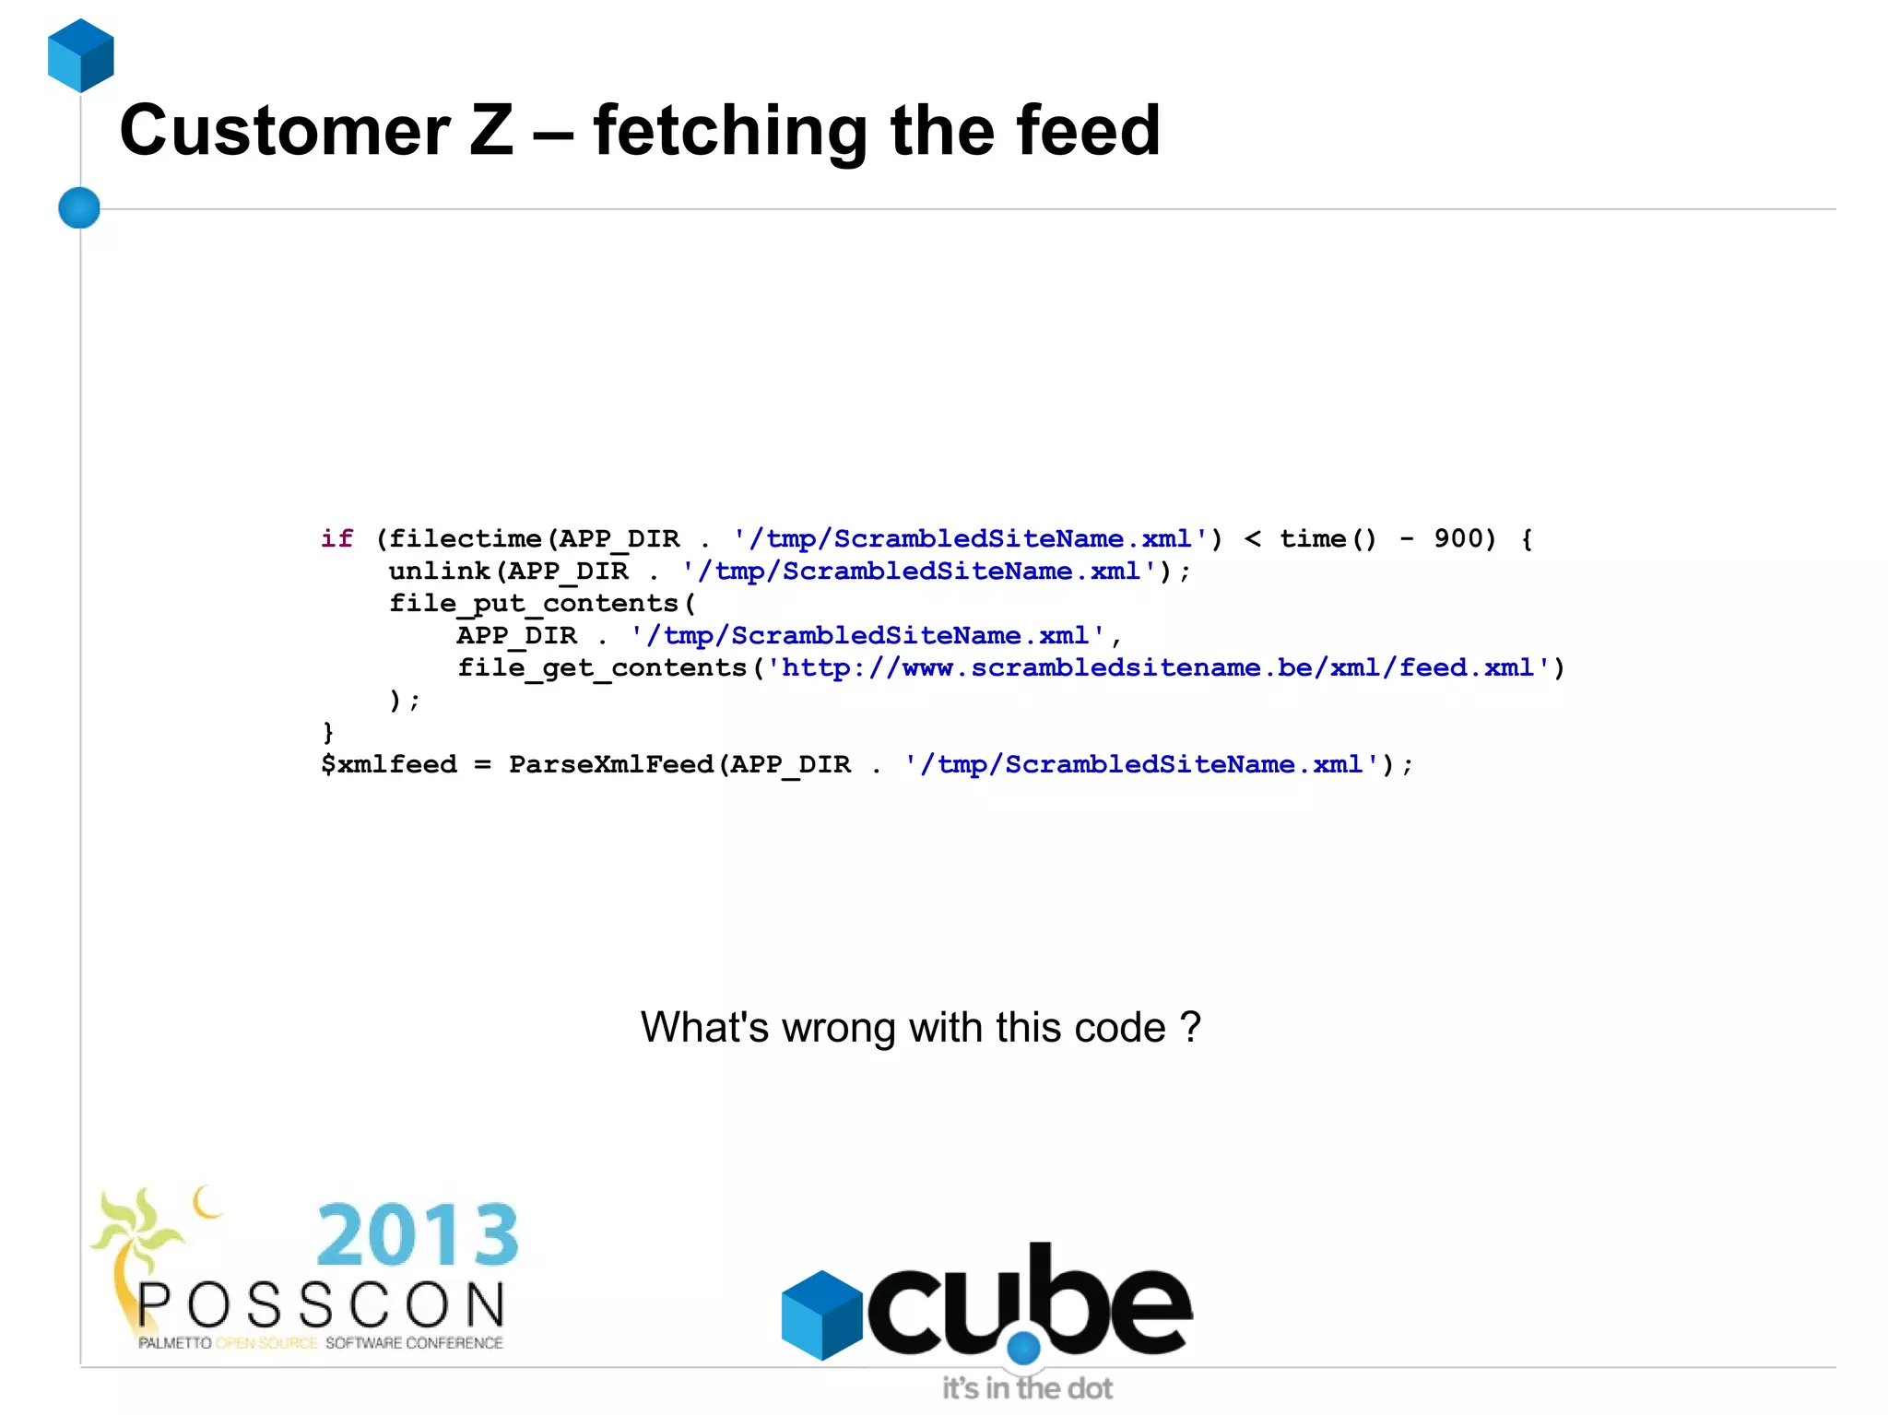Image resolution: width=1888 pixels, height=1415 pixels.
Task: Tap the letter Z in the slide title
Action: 491,131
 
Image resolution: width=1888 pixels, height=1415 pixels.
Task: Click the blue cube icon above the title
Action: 81,55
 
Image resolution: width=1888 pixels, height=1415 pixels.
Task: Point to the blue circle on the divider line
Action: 79,207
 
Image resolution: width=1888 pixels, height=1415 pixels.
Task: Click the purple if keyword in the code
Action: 336,538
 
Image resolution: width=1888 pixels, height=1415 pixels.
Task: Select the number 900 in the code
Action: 1458,538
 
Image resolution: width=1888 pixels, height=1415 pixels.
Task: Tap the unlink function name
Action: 439,572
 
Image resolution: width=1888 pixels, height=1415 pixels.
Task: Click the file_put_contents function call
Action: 535,604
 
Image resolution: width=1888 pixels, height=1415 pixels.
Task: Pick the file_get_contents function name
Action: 602,668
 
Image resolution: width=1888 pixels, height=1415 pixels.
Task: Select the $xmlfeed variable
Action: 389,765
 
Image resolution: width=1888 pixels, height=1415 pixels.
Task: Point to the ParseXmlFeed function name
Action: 611,765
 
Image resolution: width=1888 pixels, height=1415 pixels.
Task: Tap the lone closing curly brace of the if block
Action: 327,733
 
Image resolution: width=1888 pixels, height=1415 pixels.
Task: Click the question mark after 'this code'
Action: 1190,1027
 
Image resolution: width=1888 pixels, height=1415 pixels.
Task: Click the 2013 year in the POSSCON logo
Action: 418,1234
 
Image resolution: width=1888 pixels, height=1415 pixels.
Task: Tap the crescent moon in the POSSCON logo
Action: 206,1202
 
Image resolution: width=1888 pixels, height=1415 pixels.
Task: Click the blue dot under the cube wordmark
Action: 1023,1348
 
